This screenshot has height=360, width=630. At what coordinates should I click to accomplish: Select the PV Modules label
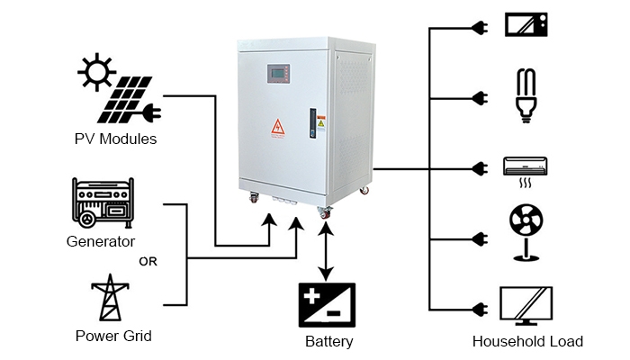(x=115, y=139)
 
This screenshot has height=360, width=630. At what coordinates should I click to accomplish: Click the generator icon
(x=100, y=204)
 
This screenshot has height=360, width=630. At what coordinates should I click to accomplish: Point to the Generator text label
(x=101, y=241)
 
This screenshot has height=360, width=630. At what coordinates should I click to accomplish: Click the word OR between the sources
(x=149, y=262)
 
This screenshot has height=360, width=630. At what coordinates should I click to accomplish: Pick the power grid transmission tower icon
(x=112, y=298)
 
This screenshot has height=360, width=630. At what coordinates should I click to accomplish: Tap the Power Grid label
(x=113, y=336)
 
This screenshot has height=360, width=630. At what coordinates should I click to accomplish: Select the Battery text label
(x=328, y=342)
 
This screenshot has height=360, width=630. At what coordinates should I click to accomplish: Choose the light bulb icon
(x=525, y=93)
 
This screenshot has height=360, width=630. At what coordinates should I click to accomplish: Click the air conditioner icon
(x=525, y=166)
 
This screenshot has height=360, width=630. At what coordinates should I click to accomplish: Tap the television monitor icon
(x=525, y=306)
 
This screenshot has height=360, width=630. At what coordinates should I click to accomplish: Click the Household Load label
(x=527, y=342)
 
